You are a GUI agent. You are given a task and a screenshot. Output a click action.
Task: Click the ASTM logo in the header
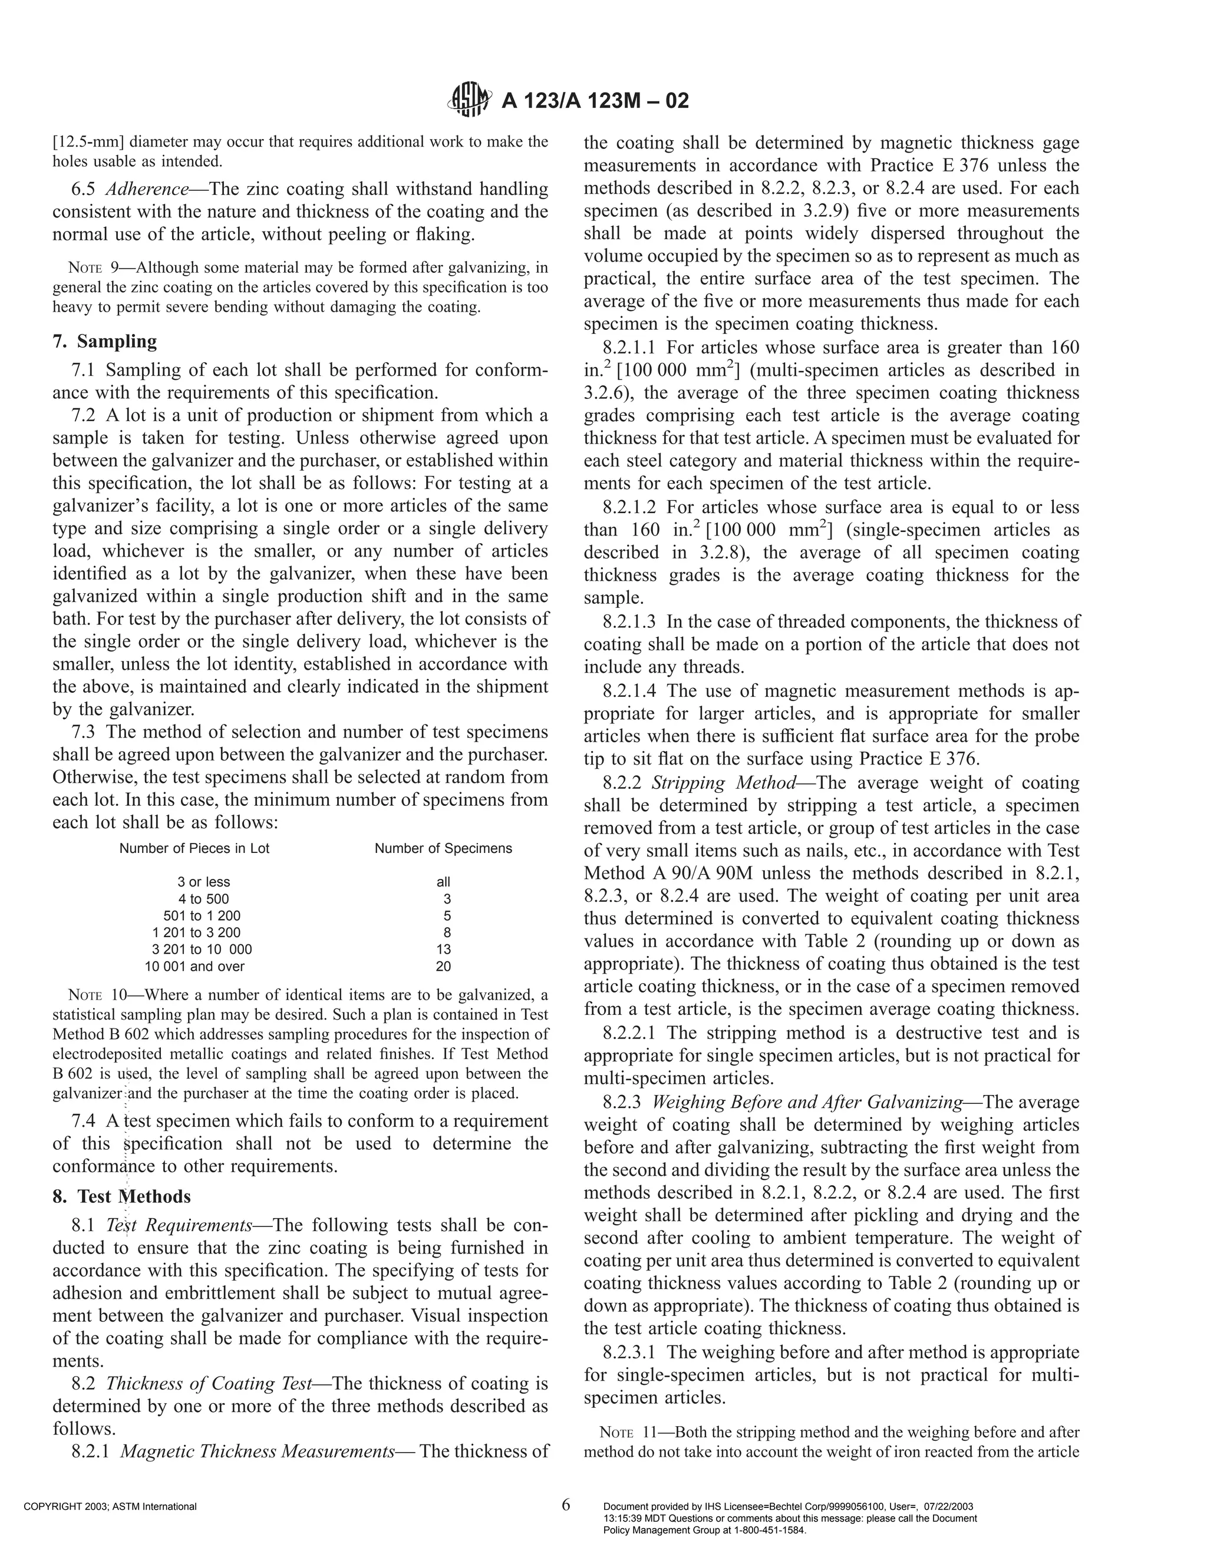click(469, 101)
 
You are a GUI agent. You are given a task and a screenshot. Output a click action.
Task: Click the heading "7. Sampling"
click(104, 342)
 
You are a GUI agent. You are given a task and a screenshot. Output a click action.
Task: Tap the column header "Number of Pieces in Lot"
click(194, 848)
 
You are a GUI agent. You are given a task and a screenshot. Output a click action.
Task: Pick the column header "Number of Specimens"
click(443, 848)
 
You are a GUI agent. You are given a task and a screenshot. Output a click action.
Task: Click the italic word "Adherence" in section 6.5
click(147, 190)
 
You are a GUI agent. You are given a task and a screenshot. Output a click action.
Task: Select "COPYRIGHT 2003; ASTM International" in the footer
click(110, 1507)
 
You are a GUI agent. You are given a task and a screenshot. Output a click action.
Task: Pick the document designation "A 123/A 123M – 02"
click(595, 101)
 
